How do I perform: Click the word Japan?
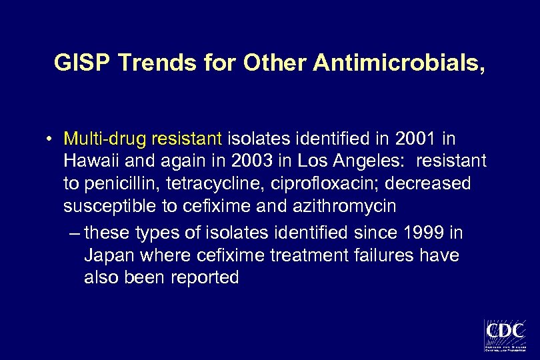107,255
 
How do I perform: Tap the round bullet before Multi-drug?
50,139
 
